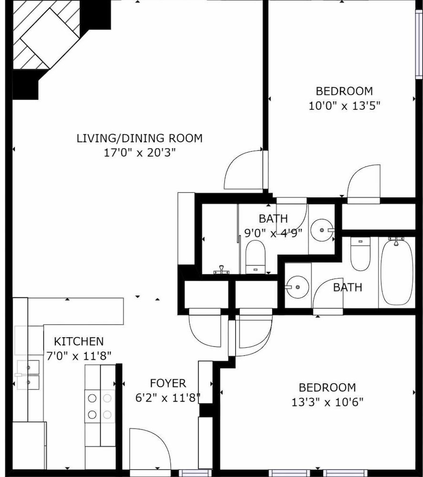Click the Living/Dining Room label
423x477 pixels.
tap(139, 138)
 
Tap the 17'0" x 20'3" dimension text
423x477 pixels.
tap(140, 153)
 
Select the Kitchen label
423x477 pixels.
tap(79, 342)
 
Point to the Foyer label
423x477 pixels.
tap(168, 384)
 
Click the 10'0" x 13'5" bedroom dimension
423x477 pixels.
tap(344, 106)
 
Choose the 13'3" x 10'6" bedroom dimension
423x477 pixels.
tap(328, 402)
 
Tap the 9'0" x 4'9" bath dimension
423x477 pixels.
tap(273, 233)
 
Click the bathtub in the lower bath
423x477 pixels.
tap(397, 272)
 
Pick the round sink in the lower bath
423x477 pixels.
tap(297, 287)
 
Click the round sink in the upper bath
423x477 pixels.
tap(322, 230)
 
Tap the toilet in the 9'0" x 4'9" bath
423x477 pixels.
tap(255, 257)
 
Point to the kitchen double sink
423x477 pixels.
tap(28, 375)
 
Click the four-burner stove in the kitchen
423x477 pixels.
tap(100, 406)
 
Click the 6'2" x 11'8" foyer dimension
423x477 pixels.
tap(168, 398)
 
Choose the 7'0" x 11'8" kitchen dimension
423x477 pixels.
tap(79, 356)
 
